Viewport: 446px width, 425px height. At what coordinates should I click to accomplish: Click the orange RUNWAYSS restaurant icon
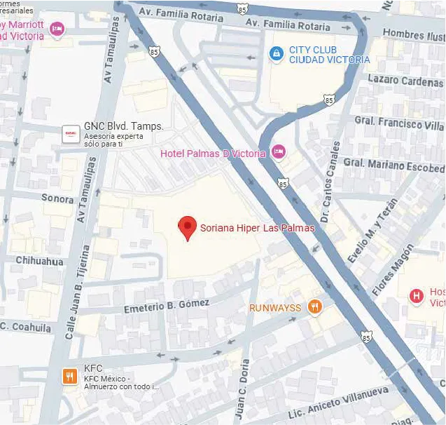[x=315, y=306]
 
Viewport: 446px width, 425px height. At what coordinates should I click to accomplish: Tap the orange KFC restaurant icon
[x=69, y=376]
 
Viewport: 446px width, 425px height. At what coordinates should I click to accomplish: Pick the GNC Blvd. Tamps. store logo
[x=70, y=133]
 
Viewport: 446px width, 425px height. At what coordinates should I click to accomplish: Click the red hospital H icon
[x=417, y=296]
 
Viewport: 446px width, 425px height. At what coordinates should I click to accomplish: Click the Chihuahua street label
[x=39, y=261]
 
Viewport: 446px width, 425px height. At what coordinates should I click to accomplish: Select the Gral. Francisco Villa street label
[x=398, y=123]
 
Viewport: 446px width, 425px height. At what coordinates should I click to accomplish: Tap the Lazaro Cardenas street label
[x=405, y=80]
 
